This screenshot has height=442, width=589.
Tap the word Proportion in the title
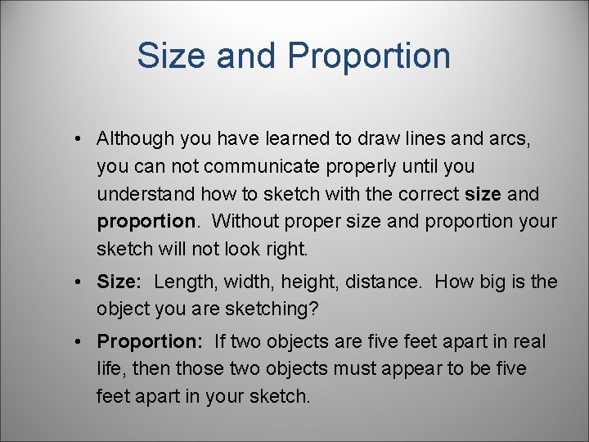[x=369, y=56]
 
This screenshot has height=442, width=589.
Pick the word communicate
[x=263, y=167]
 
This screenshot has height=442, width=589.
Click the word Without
[x=244, y=222]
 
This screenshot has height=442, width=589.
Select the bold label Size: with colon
[x=119, y=282]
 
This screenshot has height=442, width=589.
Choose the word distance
[x=381, y=282]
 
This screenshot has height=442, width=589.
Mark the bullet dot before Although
[x=75, y=140]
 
